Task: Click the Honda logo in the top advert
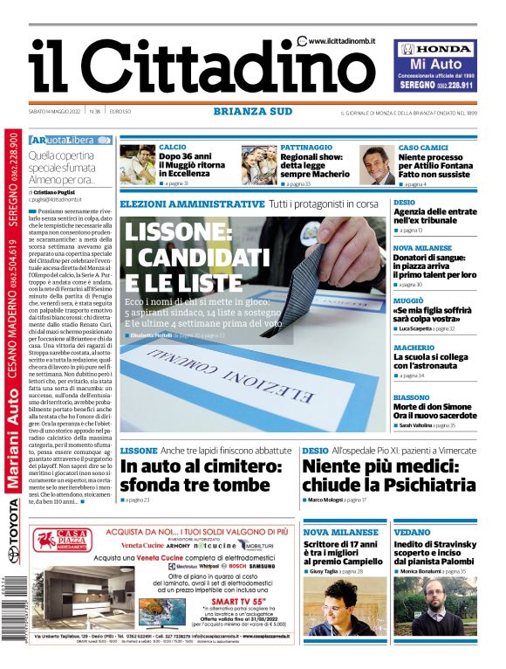coord(435,50)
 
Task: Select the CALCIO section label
coord(172,147)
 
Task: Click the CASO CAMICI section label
coord(423,147)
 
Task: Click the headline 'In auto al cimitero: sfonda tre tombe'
coord(202,476)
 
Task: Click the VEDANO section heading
coord(412,532)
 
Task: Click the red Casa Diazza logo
coord(56,546)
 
